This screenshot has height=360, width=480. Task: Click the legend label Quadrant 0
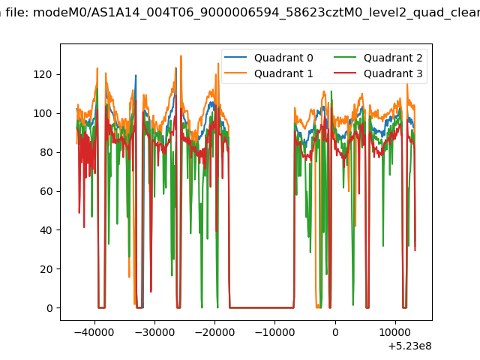click(283, 58)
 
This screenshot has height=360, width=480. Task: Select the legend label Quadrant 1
click(283, 73)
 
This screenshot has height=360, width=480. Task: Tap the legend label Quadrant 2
click(393, 58)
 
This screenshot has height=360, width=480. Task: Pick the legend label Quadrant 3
click(393, 73)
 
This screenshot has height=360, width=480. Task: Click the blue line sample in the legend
click(235, 57)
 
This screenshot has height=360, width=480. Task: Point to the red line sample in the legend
click(345, 73)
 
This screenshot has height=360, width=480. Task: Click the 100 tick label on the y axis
click(43, 113)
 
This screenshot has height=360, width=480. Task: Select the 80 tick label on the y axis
click(46, 152)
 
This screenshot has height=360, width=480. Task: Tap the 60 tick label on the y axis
click(46, 191)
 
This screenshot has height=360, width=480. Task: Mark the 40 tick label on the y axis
click(46, 230)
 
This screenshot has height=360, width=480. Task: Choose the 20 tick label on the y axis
click(46, 269)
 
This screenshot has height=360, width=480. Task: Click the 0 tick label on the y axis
click(49, 308)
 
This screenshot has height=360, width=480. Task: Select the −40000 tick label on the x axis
click(94, 332)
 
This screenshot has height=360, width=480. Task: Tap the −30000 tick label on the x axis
click(154, 332)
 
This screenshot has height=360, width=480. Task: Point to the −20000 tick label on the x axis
click(214, 332)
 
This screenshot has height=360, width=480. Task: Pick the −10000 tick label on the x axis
click(274, 332)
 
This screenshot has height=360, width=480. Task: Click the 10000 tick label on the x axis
click(395, 332)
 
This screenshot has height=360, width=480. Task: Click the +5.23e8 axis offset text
click(410, 346)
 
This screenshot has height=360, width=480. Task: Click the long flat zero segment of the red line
click(262, 307)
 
